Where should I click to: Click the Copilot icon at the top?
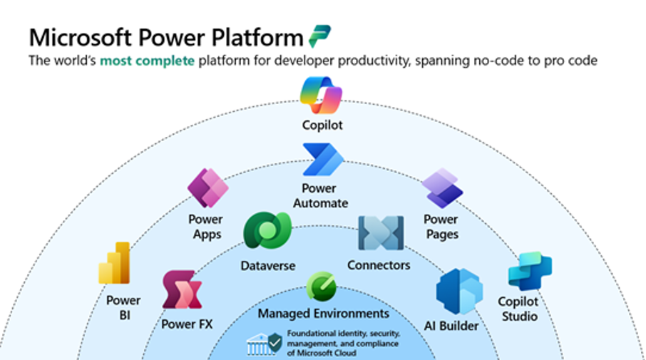pyautogui.click(x=321, y=96)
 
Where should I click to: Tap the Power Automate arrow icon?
pyautogui.click(x=323, y=159)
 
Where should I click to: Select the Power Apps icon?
pyautogui.click(x=207, y=188)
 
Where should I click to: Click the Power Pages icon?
pyautogui.click(x=442, y=188)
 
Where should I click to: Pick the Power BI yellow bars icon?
pyautogui.click(x=115, y=263)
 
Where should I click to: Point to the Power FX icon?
pyautogui.click(x=182, y=289)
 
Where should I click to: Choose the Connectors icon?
pyautogui.click(x=380, y=234)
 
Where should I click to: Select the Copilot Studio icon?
pyautogui.click(x=529, y=271)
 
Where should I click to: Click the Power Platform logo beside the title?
pyautogui.click(x=319, y=36)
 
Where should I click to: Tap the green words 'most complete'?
pyautogui.click(x=147, y=61)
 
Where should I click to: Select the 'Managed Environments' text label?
pyautogui.click(x=324, y=314)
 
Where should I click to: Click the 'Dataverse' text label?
pyautogui.click(x=267, y=265)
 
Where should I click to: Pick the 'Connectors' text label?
pyautogui.click(x=379, y=265)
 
